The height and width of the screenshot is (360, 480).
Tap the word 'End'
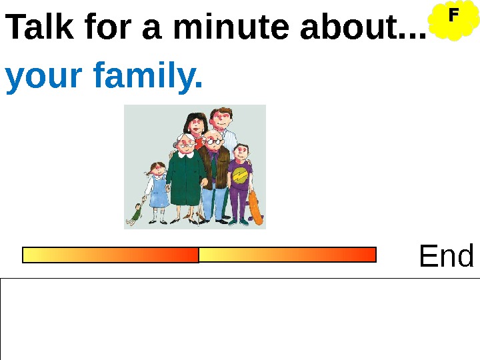[447, 256]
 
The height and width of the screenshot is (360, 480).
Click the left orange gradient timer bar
[111, 255]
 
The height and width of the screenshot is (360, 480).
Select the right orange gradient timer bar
[287, 254]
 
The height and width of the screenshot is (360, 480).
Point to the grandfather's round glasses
[212, 141]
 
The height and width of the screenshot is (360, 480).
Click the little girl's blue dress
[159, 193]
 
